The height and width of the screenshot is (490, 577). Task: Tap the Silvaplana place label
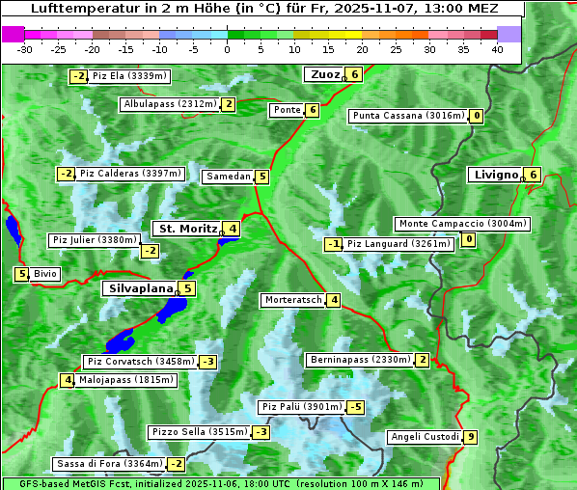[140, 288]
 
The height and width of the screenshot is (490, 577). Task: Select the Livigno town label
[495, 175]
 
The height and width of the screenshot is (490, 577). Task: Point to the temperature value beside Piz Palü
[355, 407]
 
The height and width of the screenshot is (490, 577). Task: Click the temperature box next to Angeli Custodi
[470, 437]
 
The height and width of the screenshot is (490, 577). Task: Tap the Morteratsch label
[292, 300]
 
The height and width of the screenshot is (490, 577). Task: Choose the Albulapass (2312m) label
[169, 104]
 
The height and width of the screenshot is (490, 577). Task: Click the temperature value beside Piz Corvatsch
[207, 362]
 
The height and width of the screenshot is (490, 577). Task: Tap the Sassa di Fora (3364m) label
[108, 464]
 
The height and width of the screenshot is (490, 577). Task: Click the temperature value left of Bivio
[21, 274]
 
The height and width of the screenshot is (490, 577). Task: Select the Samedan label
[228, 177]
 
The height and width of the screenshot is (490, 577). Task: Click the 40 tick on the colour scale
[497, 49]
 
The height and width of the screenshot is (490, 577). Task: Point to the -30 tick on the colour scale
[25, 49]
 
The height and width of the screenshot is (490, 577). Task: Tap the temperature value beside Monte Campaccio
[469, 239]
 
